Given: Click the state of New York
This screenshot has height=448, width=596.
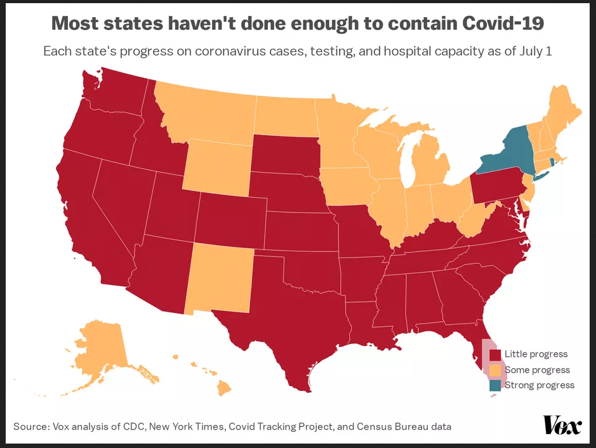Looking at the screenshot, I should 508,152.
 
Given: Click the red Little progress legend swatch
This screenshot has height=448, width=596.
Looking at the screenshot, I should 495,354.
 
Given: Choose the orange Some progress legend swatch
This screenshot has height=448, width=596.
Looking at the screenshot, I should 495,369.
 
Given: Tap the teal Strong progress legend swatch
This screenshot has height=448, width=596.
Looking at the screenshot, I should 495,385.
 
